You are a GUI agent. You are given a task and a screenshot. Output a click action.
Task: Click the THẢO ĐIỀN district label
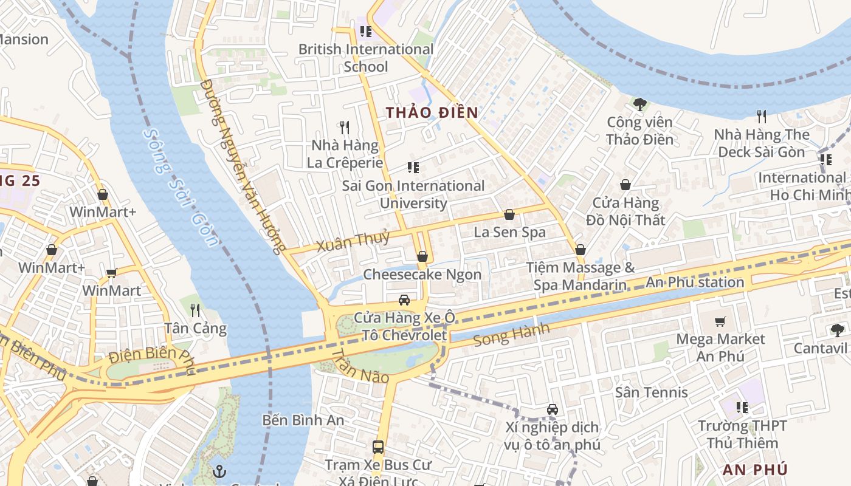coord(432,112)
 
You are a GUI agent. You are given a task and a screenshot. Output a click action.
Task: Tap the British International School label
coord(366,58)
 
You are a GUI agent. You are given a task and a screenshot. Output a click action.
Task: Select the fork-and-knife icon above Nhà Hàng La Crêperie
coord(345,127)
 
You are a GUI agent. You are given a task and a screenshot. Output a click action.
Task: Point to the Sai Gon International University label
coord(413,194)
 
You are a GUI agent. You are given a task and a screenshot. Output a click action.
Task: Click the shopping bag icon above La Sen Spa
coord(509,214)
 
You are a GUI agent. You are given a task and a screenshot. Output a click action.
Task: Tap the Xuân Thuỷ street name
coord(353,242)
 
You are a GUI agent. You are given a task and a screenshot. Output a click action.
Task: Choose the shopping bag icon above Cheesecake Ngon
coord(422,256)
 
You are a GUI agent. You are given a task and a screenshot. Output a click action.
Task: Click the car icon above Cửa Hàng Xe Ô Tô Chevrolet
coord(404,299)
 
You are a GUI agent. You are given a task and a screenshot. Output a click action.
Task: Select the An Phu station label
coord(695,282)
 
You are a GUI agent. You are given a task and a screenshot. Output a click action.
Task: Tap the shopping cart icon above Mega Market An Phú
coord(720,321)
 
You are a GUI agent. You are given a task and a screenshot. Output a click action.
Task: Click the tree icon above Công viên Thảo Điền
coord(639,104)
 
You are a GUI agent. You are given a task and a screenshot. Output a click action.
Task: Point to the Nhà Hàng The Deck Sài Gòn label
coord(762,143)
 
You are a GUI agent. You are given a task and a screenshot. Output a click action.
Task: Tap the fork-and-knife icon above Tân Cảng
coord(195,310)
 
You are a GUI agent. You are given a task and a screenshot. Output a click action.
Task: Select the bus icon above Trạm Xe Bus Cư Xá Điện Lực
coord(378,447)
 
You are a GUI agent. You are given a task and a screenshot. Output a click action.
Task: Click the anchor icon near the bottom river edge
coord(219,471)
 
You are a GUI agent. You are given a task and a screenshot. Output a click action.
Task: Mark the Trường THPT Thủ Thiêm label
coord(742,434)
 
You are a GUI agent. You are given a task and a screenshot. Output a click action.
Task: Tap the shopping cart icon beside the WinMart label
coord(111,273)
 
